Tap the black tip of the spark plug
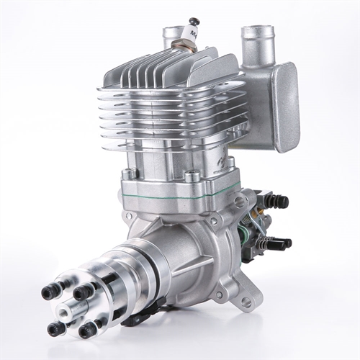point(194,21)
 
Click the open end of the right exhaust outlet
point(258,31)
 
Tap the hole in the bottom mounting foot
point(247,303)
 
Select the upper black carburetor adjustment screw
point(279,202)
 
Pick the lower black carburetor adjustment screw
point(282,243)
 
